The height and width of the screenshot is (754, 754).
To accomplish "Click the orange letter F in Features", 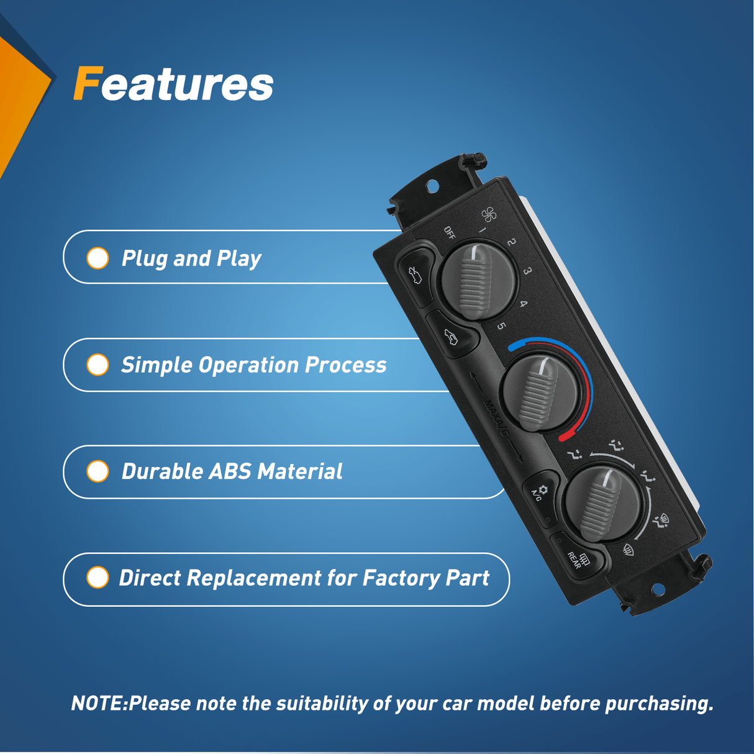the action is click(88, 83).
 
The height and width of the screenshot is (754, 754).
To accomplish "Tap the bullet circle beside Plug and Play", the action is click(98, 258).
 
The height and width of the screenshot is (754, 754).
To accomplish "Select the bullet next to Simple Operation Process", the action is click(98, 365).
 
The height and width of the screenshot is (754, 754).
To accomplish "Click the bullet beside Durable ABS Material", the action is click(98, 471).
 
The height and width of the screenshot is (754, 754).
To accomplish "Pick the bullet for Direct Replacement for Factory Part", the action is click(98, 577).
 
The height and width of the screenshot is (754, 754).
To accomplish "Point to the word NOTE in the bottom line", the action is click(97, 704).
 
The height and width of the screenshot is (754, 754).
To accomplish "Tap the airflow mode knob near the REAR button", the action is click(602, 504).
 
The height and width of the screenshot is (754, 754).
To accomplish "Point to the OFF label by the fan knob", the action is click(450, 232).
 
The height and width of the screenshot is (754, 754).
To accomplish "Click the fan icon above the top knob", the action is click(489, 214).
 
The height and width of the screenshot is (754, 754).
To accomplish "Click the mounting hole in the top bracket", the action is click(432, 186).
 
